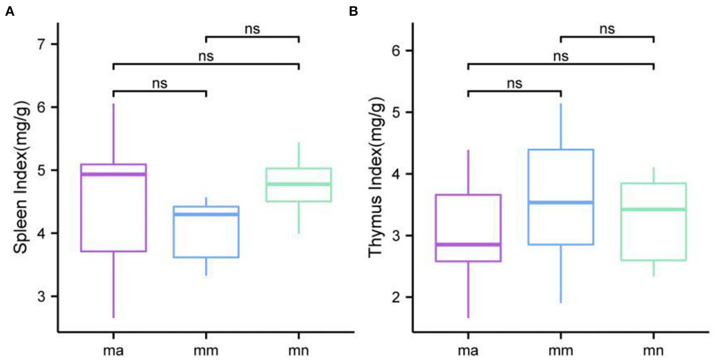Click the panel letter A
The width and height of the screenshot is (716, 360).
pyautogui.click(x=10, y=11)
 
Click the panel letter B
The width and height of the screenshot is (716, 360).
pyautogui.click(x=353, y=11)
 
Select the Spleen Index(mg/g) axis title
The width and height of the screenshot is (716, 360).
pyautogui.click(x=21, y=177)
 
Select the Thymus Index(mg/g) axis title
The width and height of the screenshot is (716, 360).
pyautogui.click(x=375, y=177)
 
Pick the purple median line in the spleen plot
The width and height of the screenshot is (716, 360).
pyautogui.click(x=113, y=174)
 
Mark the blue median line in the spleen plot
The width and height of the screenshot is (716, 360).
pyautogui.click(x=206, y=214)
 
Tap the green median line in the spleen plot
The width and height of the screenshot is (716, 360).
pyautogui.click(x=299, y=184)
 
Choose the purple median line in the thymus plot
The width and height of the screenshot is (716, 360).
pyautogui.click(x=468, y=244)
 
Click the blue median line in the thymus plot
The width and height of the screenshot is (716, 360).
pyautogui.click(x=561, y=202)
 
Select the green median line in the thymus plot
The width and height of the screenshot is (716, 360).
pyautogui.click(x=653, y=209)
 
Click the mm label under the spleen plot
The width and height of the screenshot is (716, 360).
pyautogui.click(x=206, y=350)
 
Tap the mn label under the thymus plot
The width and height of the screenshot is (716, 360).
pyautogui.click(x=653, y=350)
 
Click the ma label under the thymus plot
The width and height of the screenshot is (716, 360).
pyautogui.click(x=468, y=350)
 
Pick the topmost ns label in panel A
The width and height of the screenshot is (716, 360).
pyautogui.click(x=252, y=29)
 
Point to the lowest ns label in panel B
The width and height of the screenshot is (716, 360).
pyautogui.click(x=514, y=84)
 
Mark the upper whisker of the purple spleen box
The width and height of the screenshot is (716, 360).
pyautogui.click(x=113, y=133)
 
